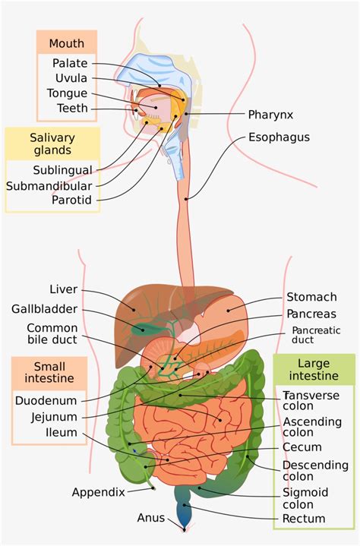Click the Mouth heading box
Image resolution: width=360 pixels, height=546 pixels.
67,43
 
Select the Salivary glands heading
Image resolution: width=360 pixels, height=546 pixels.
53,144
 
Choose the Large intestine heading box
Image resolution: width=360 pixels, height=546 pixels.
314,371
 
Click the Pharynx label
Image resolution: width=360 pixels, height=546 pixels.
270,115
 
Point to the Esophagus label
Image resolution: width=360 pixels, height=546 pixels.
279,138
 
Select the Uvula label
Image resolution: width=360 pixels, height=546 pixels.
71,78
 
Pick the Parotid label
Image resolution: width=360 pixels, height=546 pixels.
72,200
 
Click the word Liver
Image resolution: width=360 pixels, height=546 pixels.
63,289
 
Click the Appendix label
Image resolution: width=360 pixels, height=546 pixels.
98,492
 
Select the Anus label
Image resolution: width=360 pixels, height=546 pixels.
150,518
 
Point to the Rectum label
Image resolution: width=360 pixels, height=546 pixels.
304,519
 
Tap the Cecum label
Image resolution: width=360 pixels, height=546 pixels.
302,447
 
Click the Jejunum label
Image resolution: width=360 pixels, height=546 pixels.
54,417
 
